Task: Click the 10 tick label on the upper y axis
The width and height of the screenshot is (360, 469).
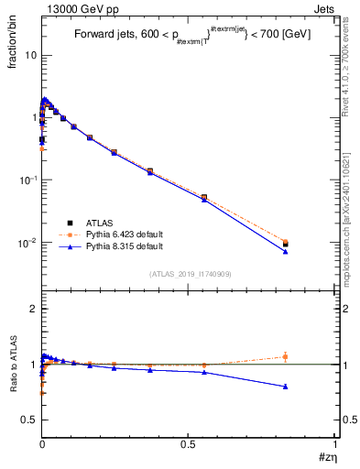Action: click(x=29, y=55)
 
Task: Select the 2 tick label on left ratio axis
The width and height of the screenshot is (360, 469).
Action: click(x=31, y=309)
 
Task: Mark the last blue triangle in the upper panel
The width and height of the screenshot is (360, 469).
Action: click(x=286, y=251)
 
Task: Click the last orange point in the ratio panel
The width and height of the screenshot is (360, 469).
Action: click(x=286, y=356)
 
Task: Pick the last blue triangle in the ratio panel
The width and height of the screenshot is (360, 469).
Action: click(x=286, y=387)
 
